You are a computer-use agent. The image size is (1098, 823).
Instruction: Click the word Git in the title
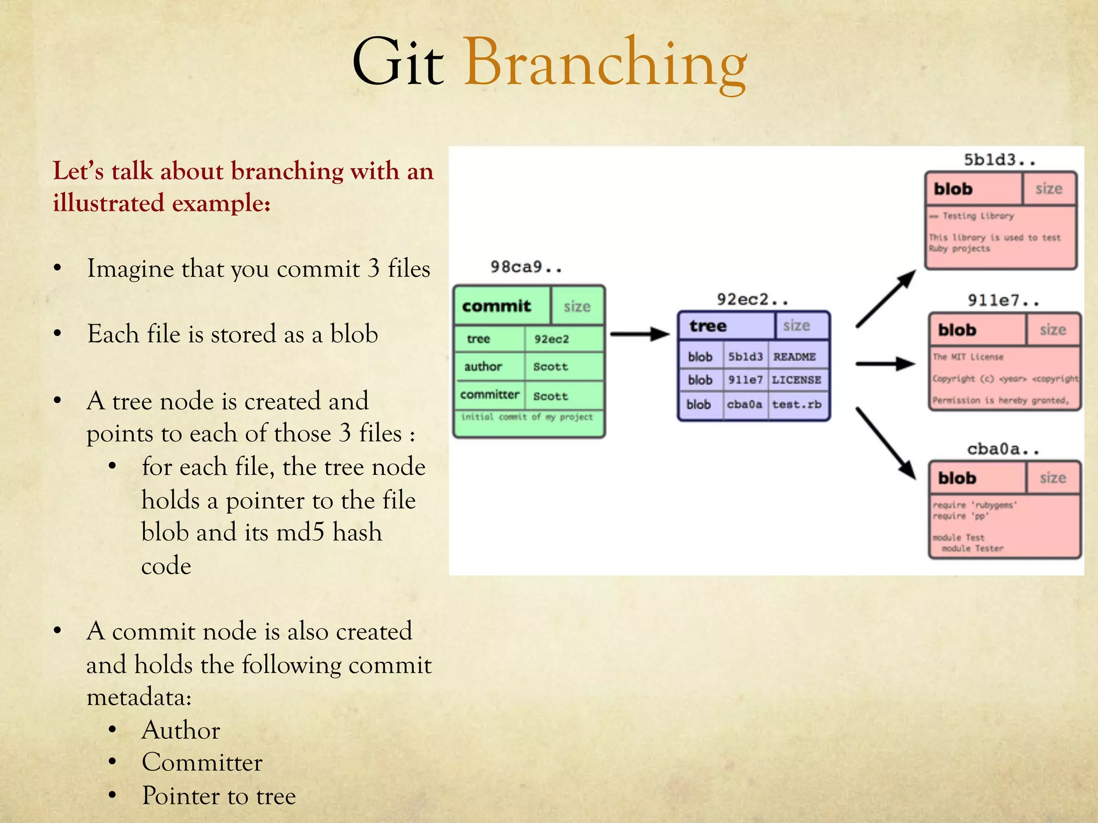coord(397,63)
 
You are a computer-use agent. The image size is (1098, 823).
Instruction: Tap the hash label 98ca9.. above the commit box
coord(526,267)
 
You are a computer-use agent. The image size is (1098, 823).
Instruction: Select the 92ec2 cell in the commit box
coord(551,339)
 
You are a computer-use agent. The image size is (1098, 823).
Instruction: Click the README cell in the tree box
coord(795,357)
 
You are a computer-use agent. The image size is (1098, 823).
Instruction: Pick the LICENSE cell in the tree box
coord(797,380)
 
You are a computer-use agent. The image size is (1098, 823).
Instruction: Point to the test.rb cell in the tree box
coord(797,405)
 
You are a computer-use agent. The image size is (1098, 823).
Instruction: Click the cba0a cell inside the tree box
coord(744,405)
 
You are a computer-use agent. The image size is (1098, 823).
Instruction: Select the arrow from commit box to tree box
coord(640,334)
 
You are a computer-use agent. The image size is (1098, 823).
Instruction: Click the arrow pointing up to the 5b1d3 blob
coord(886,298)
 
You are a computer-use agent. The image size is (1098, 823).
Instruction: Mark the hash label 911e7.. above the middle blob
coord(1003,301)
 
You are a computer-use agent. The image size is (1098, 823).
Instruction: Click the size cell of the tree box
coord(796,326)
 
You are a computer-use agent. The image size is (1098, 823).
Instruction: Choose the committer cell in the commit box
coord(489,395)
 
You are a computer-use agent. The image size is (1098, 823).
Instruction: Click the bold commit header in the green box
coord(496,306)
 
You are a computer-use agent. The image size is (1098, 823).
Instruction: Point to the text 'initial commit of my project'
coord(527,417)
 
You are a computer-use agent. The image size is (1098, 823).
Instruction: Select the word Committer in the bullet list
coord(202,762)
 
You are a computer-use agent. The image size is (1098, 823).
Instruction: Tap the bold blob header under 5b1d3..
coord(953,189)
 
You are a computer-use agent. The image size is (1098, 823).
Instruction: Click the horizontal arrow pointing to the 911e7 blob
coord(885,364)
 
